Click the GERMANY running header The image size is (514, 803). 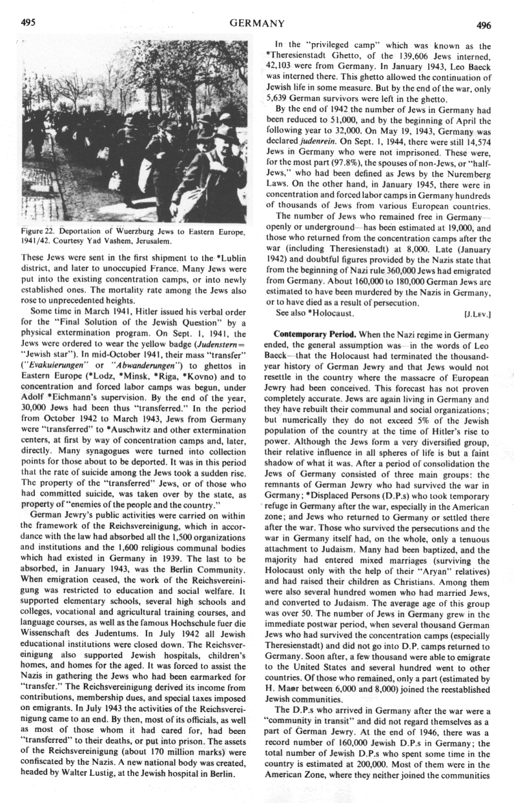tap(257, 24)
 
